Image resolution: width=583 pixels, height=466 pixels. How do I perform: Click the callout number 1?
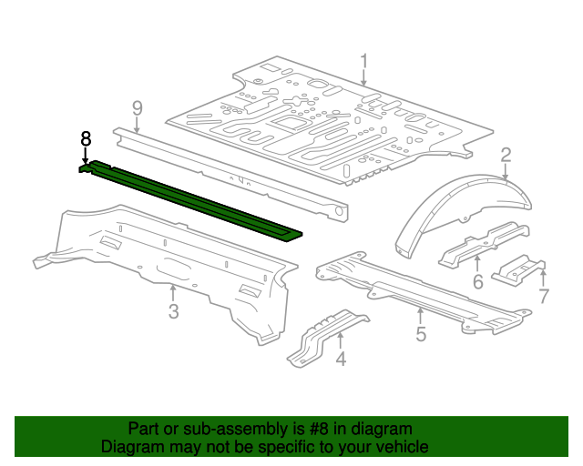click(x=363, y=62)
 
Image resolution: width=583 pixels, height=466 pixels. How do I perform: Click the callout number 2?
click(x=505, y=155)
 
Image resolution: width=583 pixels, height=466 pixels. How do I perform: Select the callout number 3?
click(x=173, y=313)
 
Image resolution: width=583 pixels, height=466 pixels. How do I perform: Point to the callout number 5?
click(x=420, y=335)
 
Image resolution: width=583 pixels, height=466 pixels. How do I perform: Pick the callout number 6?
click(x=477, y=282)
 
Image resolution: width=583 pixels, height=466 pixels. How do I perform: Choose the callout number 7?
click(x=544, y=296)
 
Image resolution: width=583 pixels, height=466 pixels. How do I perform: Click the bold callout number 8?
click(x=86, y=138)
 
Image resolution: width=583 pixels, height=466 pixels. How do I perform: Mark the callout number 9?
click(x=137, y=108)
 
